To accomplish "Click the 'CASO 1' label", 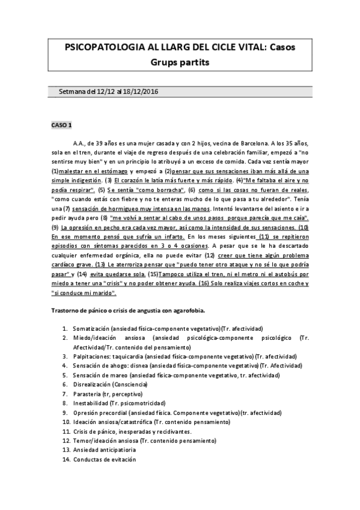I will tap(61, 125).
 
